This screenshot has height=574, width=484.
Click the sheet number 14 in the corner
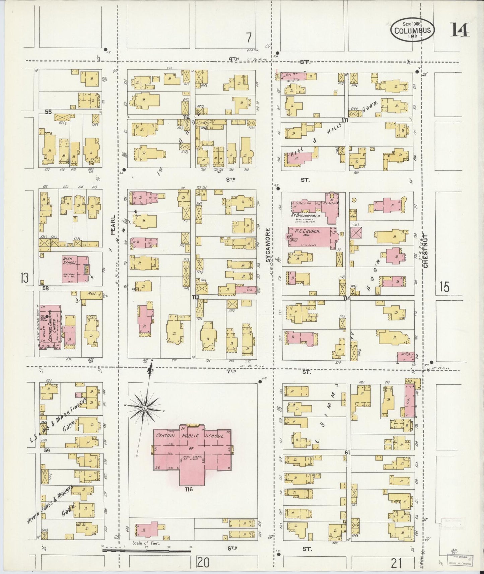pyautogui.click(x=460, y=30)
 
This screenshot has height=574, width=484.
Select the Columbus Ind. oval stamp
pyautogui.click(x=412, y=30)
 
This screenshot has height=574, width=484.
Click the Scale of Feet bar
pyautogui.click(x=147, y=550)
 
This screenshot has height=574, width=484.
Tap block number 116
pyautogui.click(x=189, y=489)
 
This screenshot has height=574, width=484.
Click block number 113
pyautogui.click(x=196, y=297)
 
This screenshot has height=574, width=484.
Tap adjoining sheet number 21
pyautogui.click(x=396, y=564)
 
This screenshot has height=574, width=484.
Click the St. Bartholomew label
pyautogui.click(x=305, y=216)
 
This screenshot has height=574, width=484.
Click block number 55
pyautogui.click(x=48, y=112)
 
